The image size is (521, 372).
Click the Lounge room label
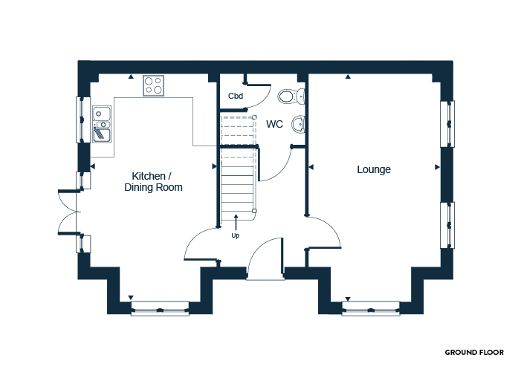pyautogui.click(x=374, y=169)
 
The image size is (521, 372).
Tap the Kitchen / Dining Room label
pyautogui.click(x=153, y=181)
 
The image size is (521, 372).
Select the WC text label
pyautogui.click(x=274, y=124)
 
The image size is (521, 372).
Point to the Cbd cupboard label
pyautogui.click(x=236, y=96)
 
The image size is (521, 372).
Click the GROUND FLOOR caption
pyautogui.click(x=474, y=353)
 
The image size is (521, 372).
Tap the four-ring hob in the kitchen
pyautogui.click(x=154, y=85)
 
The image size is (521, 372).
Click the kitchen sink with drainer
pyautogui.click(x=102, y=125)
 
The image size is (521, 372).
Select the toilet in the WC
pyautogui.click(x=291, y=97)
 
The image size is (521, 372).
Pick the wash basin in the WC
pyautogui.click(x=298, y=125)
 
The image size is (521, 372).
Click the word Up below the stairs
pyautogui.click(x=236, y=235)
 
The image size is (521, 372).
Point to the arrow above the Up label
pyautogui.click(x=236, y=222)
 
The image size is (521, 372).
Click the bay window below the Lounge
pyautogui.click(x=371, y=308)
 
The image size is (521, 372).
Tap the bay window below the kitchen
pyautogui.click(x=160, y=308)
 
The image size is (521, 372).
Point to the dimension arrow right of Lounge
pyautogui.click(x=437, y=167)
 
